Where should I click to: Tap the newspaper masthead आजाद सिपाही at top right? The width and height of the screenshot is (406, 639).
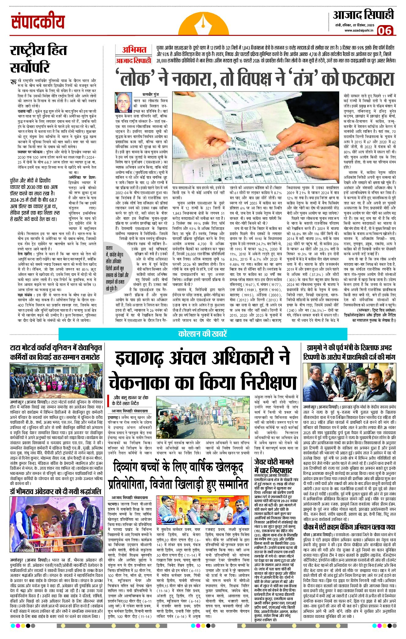pyautogui.click(x=363, y=15)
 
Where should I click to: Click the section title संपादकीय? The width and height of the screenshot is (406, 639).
pyautogui.click(x=38, y=22)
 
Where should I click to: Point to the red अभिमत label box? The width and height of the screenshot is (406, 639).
pyautogui.click(x=134, y=50)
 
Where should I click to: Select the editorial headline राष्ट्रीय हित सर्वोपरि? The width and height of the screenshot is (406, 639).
pyautogui.click(x=38, y=59)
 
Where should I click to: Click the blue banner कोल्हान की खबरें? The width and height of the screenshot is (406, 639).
pyautogui.click(x=203, y=334)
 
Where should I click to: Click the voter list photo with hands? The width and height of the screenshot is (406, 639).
pyautogui.click(x=256, y=137)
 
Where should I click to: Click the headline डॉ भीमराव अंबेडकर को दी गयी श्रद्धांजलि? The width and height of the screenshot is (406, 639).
pyautogui.click(x=55, y=491)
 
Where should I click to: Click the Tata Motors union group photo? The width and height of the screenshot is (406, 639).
pyautogui.click(x=55, y=380)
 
